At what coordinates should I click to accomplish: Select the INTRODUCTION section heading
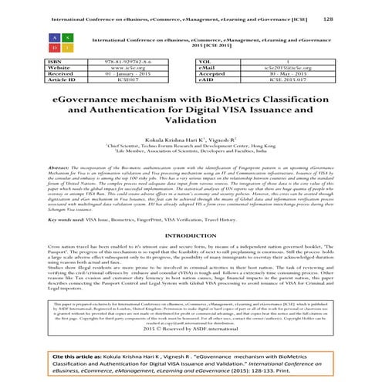click(191, 236)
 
